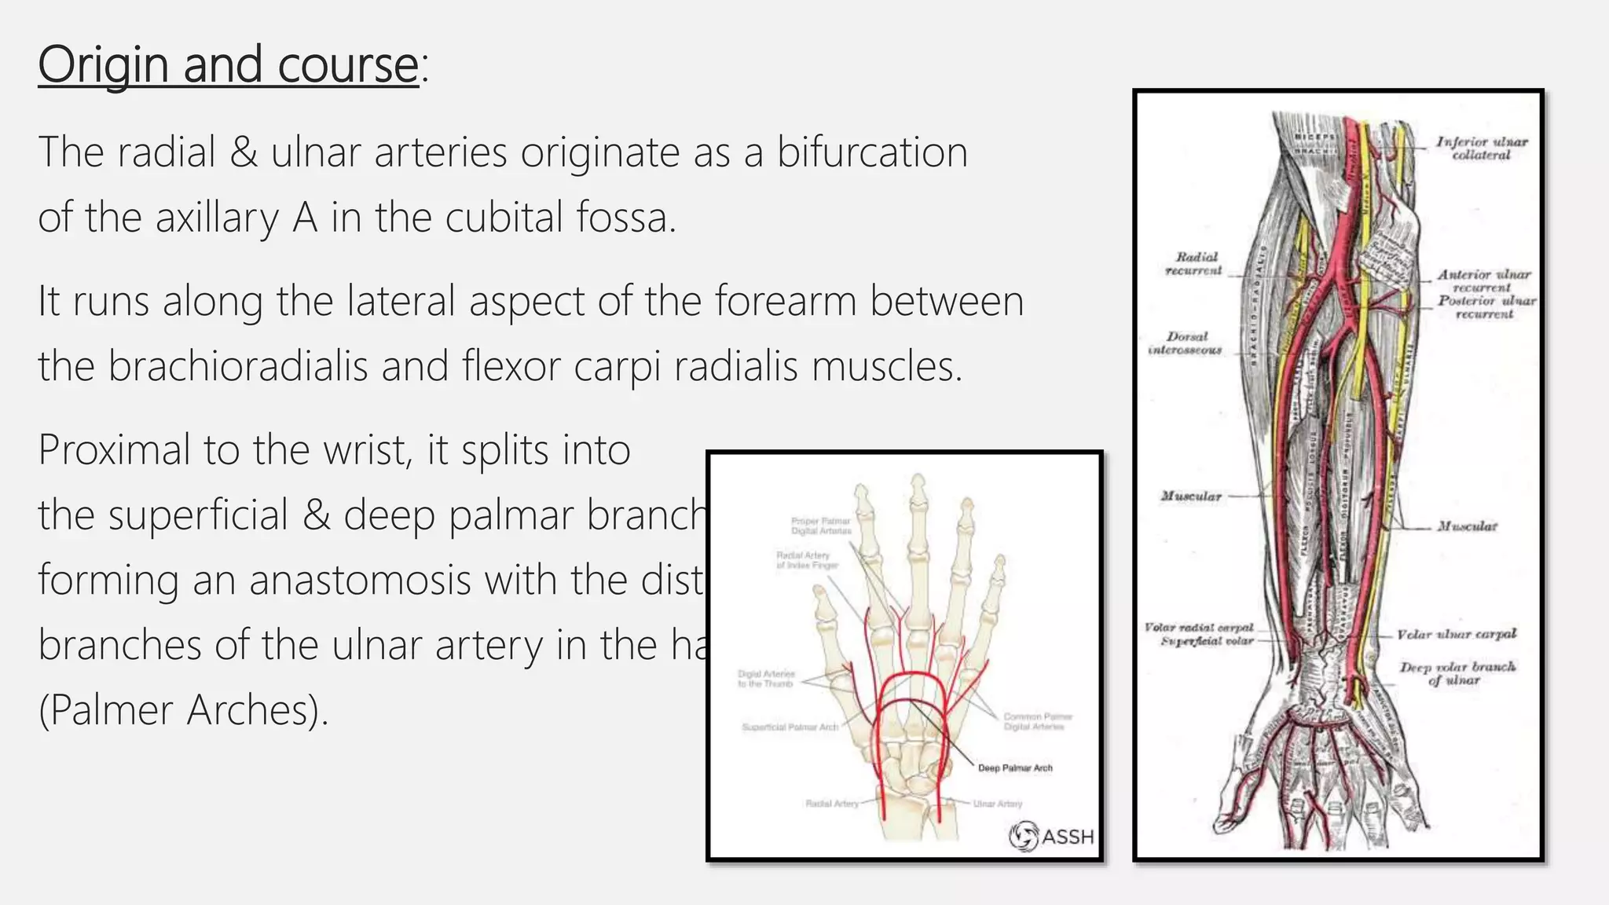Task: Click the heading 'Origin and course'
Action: click(x=228, y=64)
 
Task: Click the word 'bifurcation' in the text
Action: click(x=872, y=152)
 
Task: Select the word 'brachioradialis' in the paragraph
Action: click(x=237, y=366)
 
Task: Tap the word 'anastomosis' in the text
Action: click(x=358, y=581)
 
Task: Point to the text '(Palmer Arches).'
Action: click(x=183, y=710)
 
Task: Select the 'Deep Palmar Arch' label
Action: click(x=1014, y=768)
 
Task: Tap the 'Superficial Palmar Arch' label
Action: click(x=790, y=727)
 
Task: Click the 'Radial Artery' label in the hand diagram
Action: click(x=831, y=803)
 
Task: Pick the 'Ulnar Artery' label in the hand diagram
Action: click(x=998, y=803)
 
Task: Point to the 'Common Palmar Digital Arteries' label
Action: click(x=1037, y=721)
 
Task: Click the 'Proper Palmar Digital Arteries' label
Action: click(x=821, y=526)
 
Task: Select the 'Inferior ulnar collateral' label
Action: click(x=1481, y=148)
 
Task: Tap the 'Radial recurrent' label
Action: click(x=1194, y=263)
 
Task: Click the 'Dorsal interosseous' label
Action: click(x=1186, y=343)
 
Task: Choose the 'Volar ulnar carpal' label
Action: click(x=1456, y=634)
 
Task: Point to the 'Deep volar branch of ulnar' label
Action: click(x=1457, y=673)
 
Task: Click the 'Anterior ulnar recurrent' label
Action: click(x=1483, y=280)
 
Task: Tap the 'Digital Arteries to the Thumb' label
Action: click(x=766, y=679)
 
